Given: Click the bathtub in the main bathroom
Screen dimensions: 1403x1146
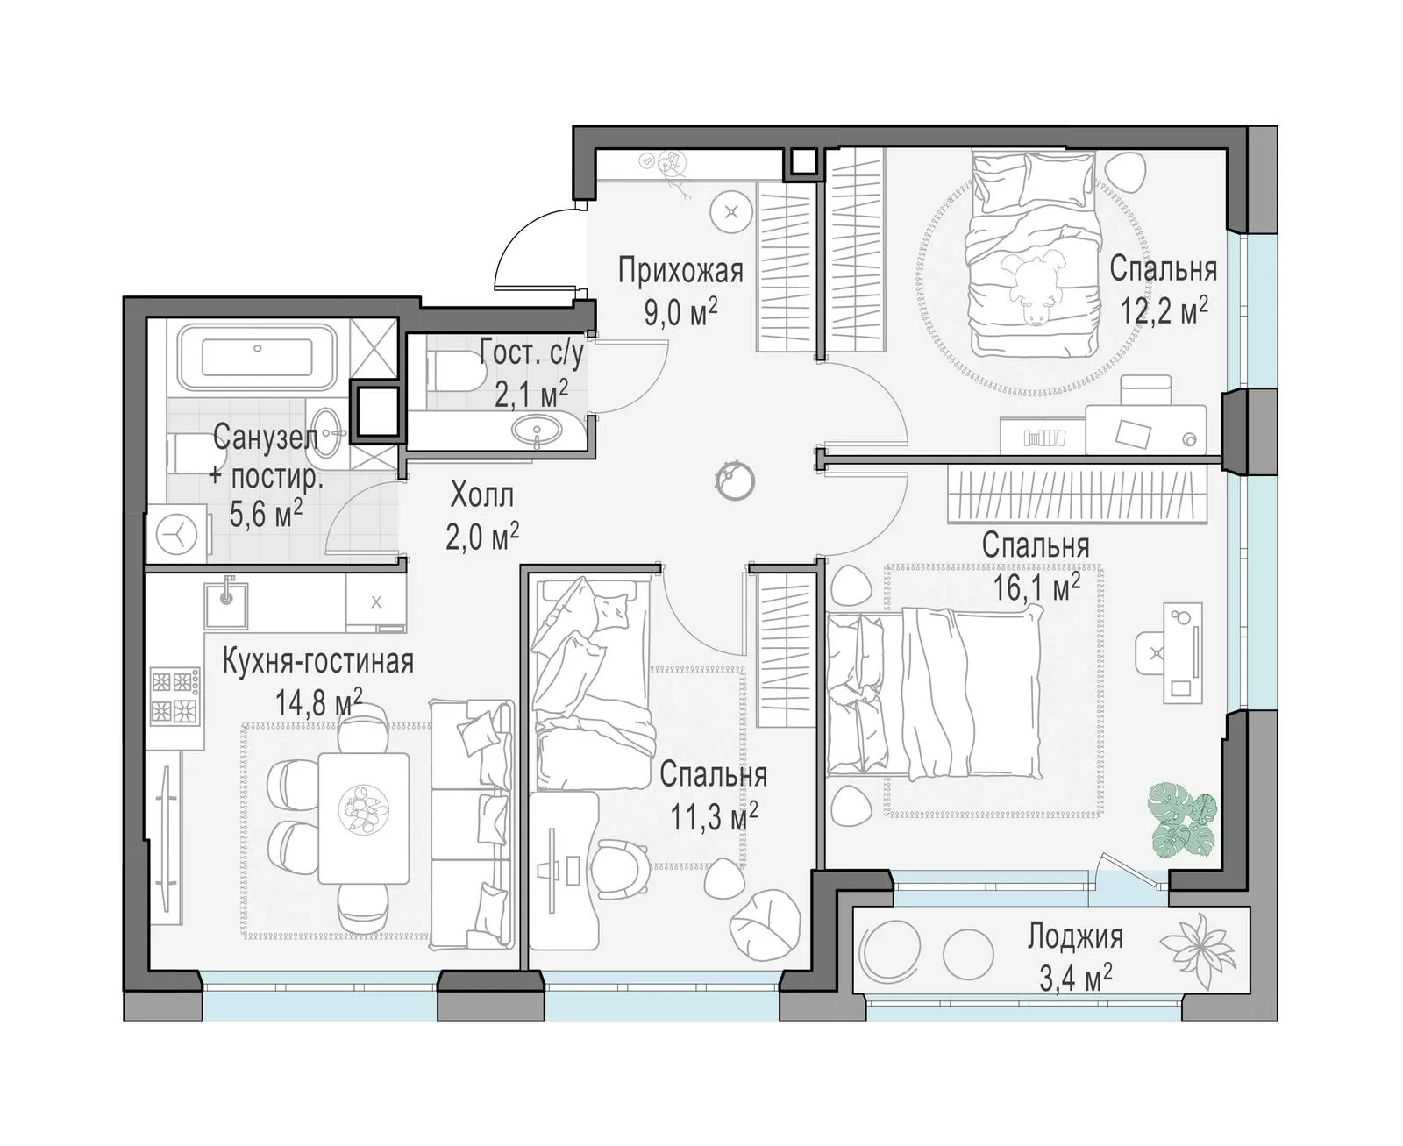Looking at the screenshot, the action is click(x=257, y=357).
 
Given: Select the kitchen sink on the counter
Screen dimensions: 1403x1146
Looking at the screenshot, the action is click(x=226, y=605).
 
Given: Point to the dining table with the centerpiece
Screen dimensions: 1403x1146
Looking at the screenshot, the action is click(x=363, y=817).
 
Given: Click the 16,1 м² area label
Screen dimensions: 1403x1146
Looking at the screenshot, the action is click(x=1036, y=588).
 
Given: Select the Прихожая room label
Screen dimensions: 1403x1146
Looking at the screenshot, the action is click(x=680, y=271).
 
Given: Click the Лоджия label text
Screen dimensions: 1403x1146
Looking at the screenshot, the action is click(x=1075, y=936).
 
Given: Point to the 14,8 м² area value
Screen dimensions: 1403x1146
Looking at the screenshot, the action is click(x=318, y=701).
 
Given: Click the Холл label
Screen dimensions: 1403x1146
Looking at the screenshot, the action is click(x=482, y=495).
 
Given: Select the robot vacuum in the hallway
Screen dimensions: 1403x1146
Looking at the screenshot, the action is click(x=735, y=480).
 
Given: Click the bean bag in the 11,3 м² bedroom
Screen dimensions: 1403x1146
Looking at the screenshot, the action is click(x=765, y=926).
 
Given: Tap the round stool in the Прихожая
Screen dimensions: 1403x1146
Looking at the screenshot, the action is click(x=731, y=213).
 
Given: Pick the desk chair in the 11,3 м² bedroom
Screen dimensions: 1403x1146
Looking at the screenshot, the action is click(x=620, y=869).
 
